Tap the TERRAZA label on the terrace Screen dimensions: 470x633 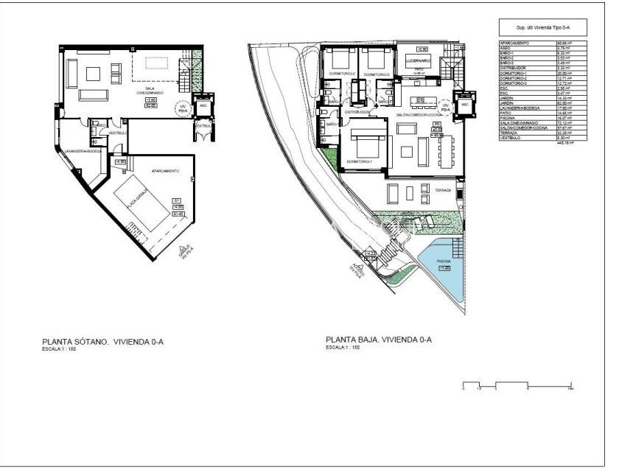[442, 190]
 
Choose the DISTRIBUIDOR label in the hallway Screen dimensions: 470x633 [357, 112]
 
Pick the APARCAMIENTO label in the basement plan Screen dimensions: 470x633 [165, 170]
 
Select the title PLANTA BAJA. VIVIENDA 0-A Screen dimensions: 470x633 [378, 340]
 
